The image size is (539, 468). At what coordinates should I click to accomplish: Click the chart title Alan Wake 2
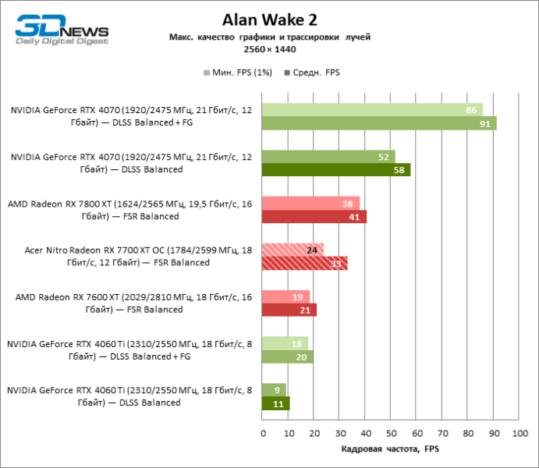[270, 19]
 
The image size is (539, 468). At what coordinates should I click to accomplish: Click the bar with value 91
[379, 123]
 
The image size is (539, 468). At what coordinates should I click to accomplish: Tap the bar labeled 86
[372, 110]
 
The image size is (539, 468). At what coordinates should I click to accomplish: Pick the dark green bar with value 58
[336, 170]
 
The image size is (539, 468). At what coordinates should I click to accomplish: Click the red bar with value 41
[314, 217]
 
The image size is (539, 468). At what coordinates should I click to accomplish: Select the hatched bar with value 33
[304, 264]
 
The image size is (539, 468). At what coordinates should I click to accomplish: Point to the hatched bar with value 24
[293, 250]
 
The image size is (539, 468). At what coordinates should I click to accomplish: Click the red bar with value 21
[289, 310]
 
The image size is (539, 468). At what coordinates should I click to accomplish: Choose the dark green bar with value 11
[276, 404]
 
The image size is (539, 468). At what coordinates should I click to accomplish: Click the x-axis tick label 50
[390, 433]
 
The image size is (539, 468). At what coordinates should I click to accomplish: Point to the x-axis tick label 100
[517, 433]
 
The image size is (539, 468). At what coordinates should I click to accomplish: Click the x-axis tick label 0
[263, 433]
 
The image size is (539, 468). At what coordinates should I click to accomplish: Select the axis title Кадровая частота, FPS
[391, 450]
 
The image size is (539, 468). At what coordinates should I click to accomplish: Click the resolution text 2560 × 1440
[270, 48]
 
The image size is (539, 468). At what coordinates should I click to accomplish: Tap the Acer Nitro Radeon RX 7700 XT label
[137, 257]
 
